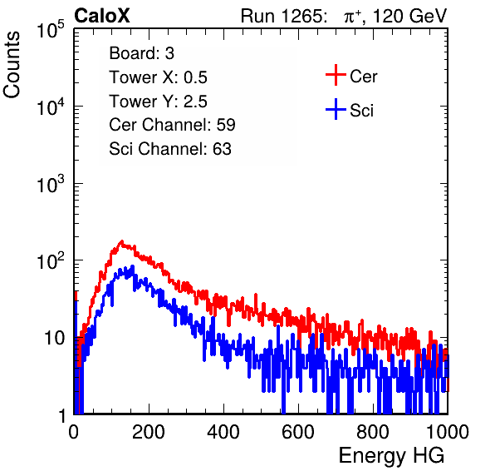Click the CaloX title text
pos(102,16)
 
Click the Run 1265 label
pos(283,16)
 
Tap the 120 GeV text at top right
pos(409,16)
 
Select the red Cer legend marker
pos(336,75)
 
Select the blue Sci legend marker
pos(336,110)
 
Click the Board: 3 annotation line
pos(141,53)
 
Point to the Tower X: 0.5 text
pos(158,77)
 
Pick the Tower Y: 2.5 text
pos(158,102)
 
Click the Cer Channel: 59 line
pos(172,125)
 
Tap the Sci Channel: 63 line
pos(170,149)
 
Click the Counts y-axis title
pos(12,65)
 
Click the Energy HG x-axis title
pos(391,456)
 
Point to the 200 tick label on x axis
pos(149,432)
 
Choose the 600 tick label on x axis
pos(298,432)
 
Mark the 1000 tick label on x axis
pos(448,432)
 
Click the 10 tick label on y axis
pos(55,338)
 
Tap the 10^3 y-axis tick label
pos(51,183)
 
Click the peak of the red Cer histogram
pos(122,241)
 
